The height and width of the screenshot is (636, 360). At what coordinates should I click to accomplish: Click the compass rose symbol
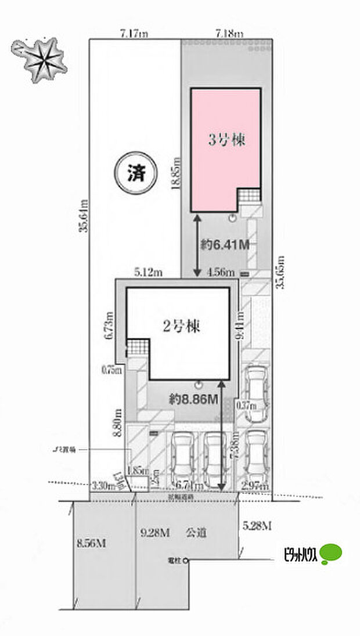tap(44, 58)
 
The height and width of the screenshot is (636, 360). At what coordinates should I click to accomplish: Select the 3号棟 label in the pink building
tap(224, 140)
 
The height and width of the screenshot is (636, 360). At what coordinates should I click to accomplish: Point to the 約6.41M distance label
tap(226, 245)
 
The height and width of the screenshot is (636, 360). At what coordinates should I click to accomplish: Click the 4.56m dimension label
tap(221, 272)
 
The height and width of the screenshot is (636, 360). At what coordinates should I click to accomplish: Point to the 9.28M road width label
tap(154, 531)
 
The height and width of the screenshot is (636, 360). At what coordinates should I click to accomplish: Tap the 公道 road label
tap(195, 531)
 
